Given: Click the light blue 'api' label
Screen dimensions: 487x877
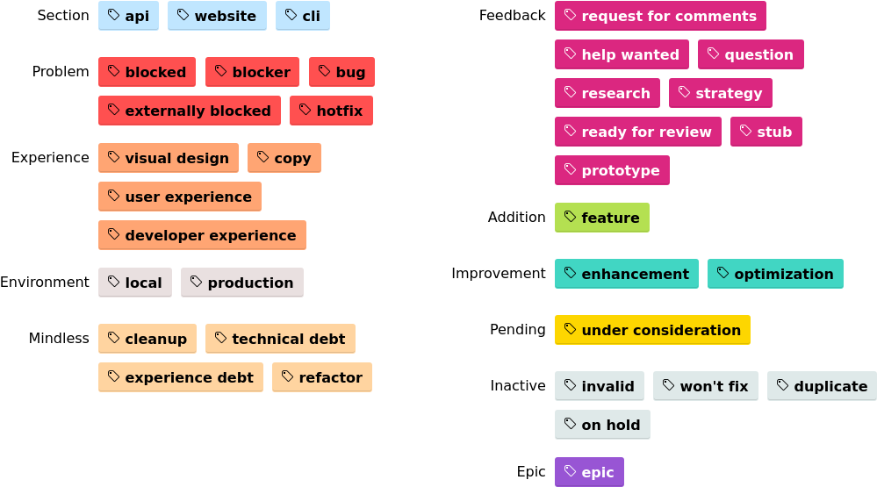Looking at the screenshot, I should click(x=128, y=16).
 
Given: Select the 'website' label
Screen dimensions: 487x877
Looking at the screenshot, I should click(x=217, y=16).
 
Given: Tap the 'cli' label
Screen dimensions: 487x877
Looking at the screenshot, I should click(x=303, y=16).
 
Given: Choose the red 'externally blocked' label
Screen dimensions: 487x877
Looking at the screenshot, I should click(x=189, y=111).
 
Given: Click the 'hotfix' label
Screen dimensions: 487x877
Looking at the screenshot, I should click(x=331, y=111).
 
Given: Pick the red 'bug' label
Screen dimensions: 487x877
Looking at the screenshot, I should click(x=341, y=72).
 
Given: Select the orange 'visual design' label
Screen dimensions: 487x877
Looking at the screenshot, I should click(x=168, y=158).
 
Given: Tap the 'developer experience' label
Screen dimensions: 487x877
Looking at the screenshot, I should click(x=202, y=235).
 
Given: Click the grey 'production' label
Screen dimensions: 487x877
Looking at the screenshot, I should click(x=241, y=283).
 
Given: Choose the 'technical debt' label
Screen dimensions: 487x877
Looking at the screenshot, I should click(x=280, y=339).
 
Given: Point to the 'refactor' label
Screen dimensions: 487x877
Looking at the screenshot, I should click(x=321, y=377).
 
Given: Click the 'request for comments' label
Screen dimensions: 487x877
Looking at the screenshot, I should click(x=660, y=16).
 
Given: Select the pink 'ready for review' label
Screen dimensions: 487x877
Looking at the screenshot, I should click(x=637, y=132).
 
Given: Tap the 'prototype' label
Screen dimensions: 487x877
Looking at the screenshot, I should click(x=612, y=170).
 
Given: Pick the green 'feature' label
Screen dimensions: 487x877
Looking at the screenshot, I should click(x=601, y=218).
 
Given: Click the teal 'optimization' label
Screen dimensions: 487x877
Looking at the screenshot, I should click(x=775, y=274).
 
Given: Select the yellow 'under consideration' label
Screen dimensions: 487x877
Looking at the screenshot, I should click(x=652, y=330).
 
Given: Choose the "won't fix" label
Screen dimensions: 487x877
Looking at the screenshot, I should click(x=705, y=386).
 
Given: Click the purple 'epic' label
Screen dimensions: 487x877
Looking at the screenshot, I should click(x=589, y=472).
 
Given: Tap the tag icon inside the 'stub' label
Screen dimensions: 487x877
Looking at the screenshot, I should click(x=746, y=131).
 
